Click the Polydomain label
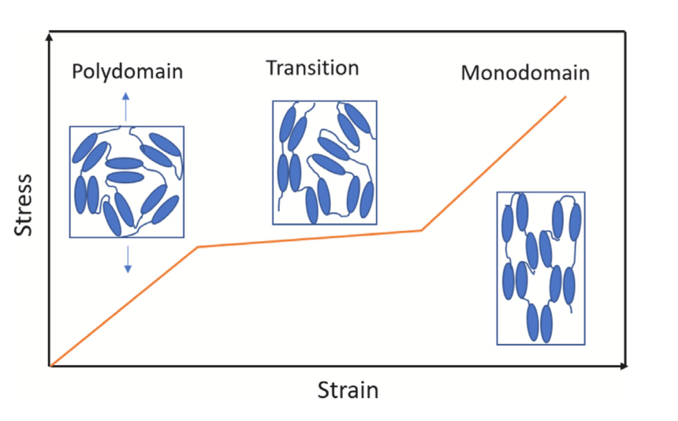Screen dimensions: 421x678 (x=128, y=72)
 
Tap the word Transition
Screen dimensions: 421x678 (x=312, y=68)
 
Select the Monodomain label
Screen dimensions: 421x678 (x=525, y=73)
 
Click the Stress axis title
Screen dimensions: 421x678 (x=24, y=205)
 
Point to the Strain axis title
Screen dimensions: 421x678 (x=348, y=390)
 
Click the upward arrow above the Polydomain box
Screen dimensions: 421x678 (x=126, y=105)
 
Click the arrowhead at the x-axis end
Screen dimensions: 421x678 (x=624, y=366)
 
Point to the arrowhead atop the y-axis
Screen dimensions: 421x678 (x=50, y=36)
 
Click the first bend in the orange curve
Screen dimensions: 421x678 (x=198, y=247)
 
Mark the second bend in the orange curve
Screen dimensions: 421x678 (x=421, y=230)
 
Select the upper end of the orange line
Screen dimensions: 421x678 (x=565, y=96)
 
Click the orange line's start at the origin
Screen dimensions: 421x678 (x=52, y=365)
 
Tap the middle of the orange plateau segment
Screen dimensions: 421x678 (x=309, y=238)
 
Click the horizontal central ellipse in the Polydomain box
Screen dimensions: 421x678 (x=125, y=163)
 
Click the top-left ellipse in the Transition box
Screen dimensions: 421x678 (x=289, y=125)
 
